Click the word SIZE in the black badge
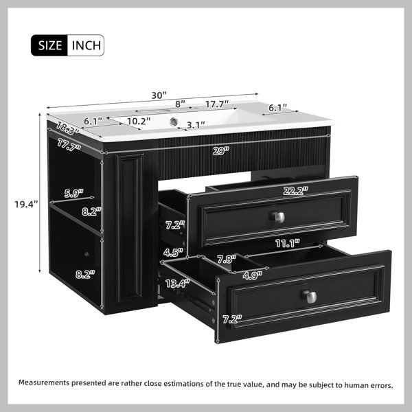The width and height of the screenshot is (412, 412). coord(50,45)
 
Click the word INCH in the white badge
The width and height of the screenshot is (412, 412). coord(87,45)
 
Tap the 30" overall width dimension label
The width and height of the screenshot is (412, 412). coord(159,95)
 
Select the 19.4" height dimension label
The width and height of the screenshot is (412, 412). coord(26,204)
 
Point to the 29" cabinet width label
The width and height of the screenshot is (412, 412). coord(221,151)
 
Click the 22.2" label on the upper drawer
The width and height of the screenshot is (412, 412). coord(295,191)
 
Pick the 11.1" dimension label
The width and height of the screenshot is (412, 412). coord(288,244)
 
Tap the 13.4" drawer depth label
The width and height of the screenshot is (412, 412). coord(177,284)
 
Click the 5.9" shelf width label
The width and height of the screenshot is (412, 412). coord(74,194)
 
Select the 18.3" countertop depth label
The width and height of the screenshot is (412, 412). coord(67,128)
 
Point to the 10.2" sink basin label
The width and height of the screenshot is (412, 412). coord(139,121)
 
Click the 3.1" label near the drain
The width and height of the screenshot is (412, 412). coord(196,126)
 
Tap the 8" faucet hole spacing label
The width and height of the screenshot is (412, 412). coord(180,104)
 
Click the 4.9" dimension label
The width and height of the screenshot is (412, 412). coord(253,275)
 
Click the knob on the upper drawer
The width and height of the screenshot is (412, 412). coord(277,217)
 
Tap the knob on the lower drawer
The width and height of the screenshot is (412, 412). coord(309,297)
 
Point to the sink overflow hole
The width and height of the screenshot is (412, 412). coord(174,122)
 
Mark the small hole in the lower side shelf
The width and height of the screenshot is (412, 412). coord(87,254)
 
